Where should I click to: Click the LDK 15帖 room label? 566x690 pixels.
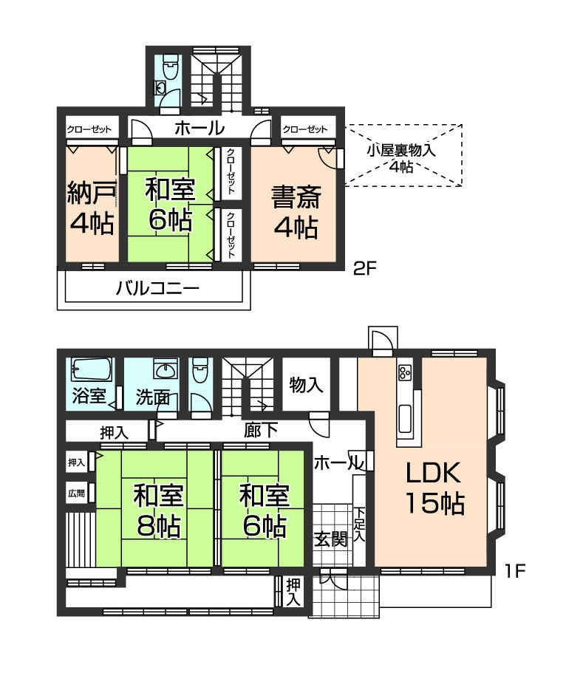(433, 488)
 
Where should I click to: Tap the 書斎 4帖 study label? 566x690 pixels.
(294, 212)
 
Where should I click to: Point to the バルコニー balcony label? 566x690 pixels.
(157, 288)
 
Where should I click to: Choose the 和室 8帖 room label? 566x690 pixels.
(158, 510)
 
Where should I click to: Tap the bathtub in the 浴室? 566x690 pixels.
(92, 369)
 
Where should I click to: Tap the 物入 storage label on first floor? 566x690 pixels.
(306, 385)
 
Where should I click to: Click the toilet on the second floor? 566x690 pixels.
(169, 71)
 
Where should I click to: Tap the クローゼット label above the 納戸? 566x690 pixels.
(89, 130)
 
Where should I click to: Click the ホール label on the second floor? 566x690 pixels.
(200, 129)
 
